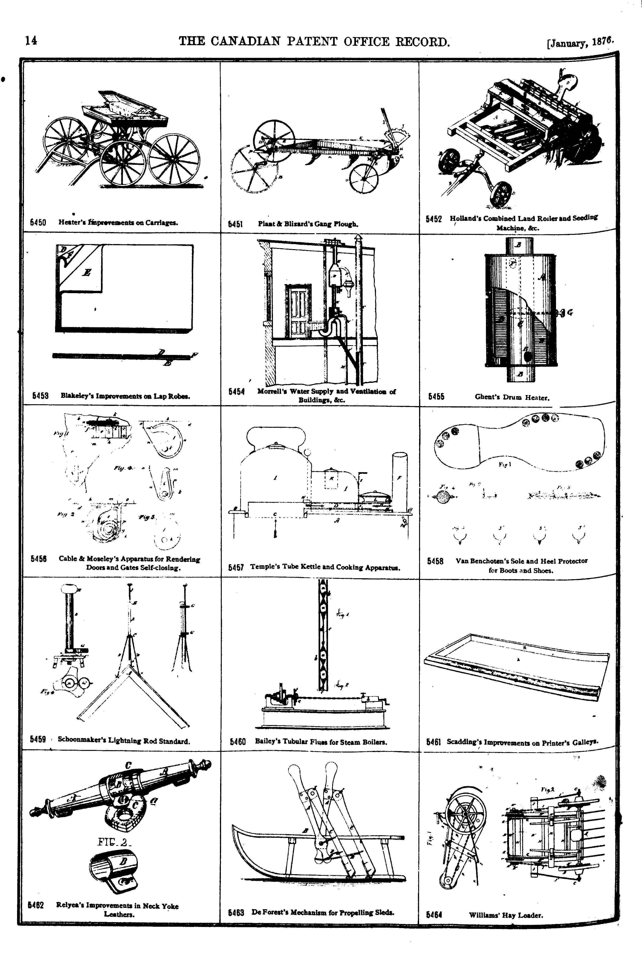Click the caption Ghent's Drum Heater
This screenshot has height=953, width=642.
click(512, 397)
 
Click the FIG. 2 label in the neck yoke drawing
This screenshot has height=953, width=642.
click(113, 842)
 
